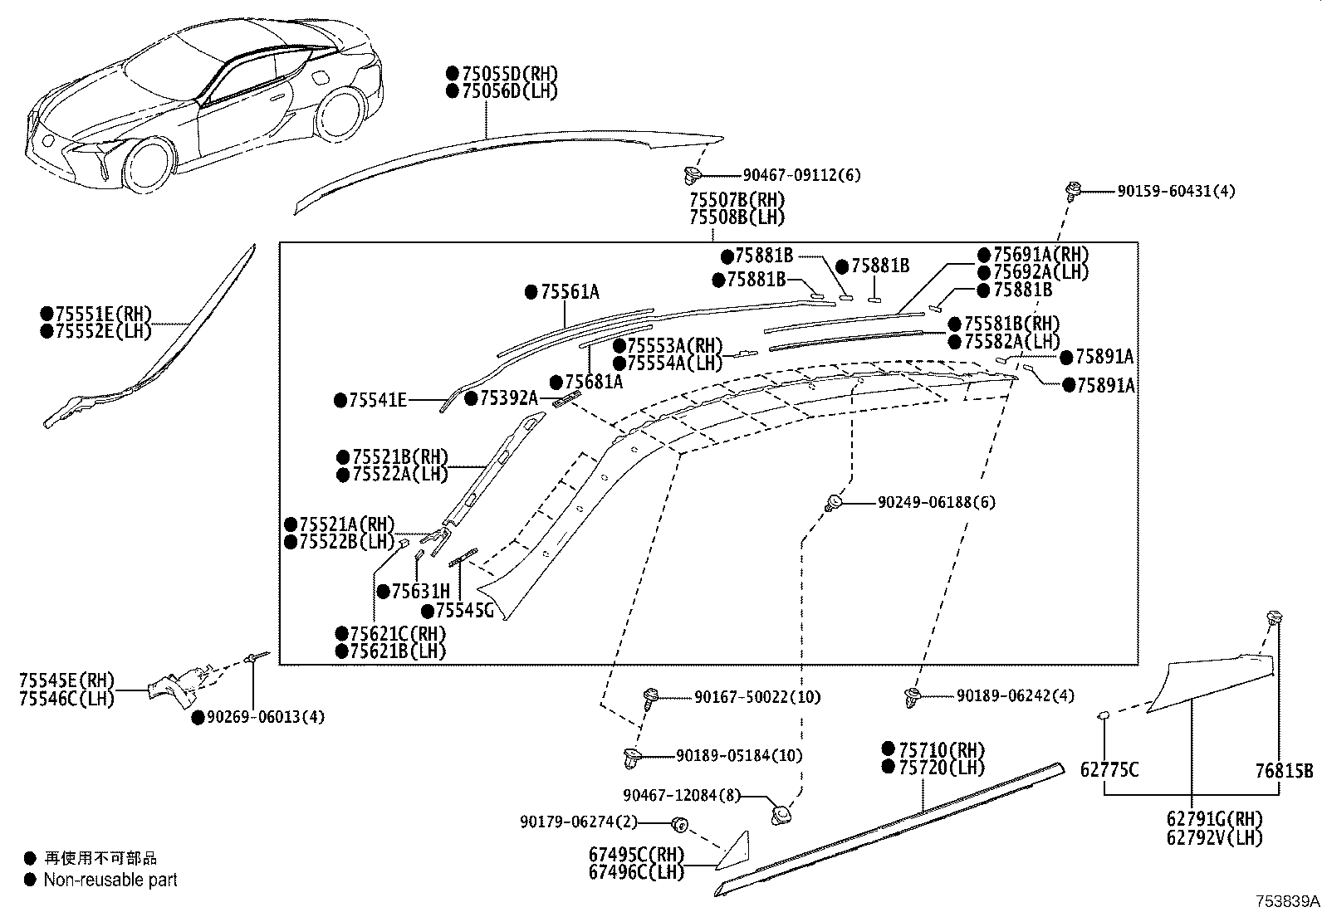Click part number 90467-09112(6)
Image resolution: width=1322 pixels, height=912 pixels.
(x=801, y=175)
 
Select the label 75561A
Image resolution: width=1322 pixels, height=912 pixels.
(x=569, y=291)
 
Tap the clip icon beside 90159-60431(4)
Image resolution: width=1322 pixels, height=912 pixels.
(x=1072, y=191)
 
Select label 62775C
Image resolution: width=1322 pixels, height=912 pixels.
(x=1109, y=770)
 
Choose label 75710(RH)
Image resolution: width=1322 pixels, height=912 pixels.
(x=938, y=749)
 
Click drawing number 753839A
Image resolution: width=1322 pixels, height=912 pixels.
(x=1286, y=901)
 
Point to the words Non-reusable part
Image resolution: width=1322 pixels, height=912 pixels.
(x=110, y=880)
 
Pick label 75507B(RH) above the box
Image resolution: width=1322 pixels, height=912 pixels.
(x=737, y=200)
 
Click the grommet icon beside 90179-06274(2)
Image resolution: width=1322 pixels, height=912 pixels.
(x=678, y=823)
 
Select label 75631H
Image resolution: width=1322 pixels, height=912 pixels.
(x=420, y=591)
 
